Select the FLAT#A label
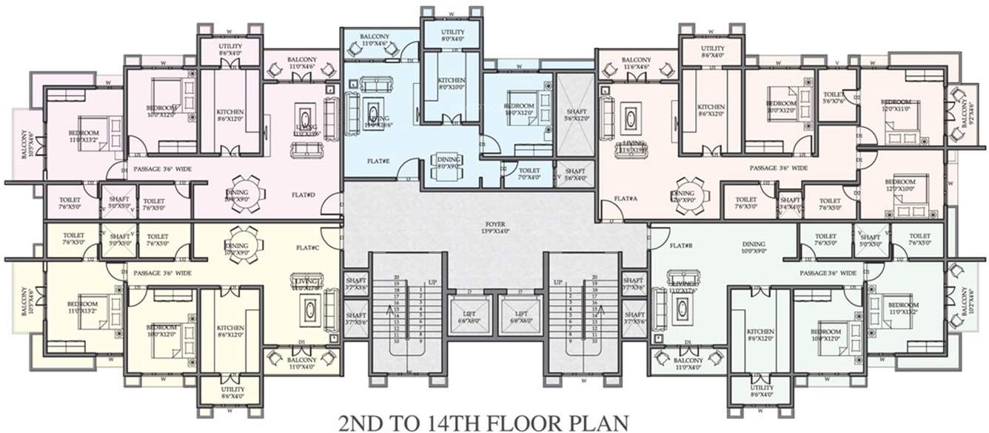point(626,198)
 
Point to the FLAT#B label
point(680,245)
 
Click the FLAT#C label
point(306,247)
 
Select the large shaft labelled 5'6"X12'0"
point(574,115)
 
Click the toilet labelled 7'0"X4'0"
point(529,174)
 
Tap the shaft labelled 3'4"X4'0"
point(790,204)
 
